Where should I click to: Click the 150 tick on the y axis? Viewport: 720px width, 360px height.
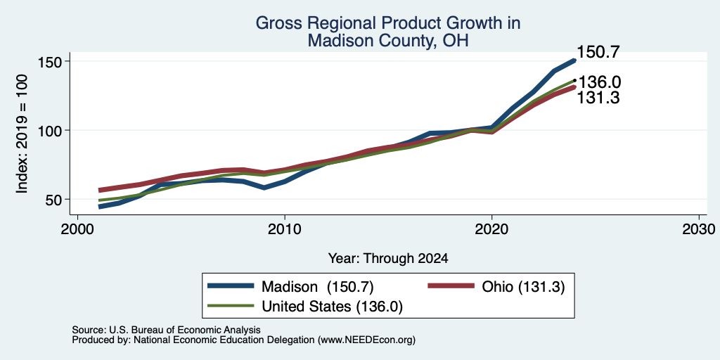(50, 61)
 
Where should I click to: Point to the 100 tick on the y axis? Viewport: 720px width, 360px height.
(50, 130)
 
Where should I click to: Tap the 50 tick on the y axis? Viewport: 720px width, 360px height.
(55, 199)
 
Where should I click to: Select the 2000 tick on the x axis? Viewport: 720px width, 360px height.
(77, 229)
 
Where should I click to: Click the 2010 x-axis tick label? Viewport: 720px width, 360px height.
(285, 229)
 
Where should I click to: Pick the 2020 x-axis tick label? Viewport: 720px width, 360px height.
(491, 229)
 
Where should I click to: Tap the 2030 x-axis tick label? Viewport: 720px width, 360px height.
(699, 229)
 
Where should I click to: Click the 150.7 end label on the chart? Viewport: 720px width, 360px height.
(598, 52)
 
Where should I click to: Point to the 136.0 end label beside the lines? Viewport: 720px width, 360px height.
(600, 83)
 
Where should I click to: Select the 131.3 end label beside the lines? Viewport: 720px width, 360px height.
(598, 97)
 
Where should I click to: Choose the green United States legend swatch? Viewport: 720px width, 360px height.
(231, 306)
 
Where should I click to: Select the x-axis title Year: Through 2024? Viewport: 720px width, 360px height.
(388, 259)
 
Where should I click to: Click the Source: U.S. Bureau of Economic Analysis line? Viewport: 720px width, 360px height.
(166, 330)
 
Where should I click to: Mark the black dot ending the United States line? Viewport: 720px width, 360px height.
(574, 80)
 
